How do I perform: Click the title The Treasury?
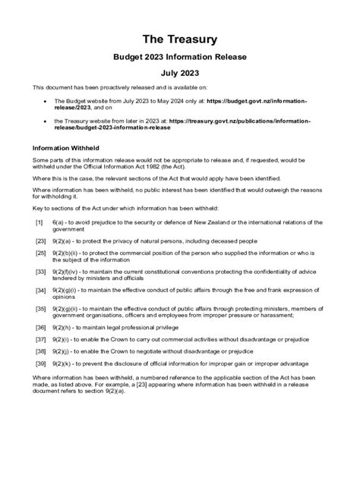(x=180, y=38)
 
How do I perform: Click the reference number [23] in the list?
(x=41, y=240)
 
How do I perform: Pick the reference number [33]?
(x=41, y=271)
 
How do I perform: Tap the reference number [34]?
(x=41, y=290)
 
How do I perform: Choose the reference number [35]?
(x=41, y=309)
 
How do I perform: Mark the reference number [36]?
(x=41, y=327)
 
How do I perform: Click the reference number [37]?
(x=41, y=339)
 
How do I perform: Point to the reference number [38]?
(x=41, y=352)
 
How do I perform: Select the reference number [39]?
(x=41, y=364)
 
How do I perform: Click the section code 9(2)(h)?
(x=65, y=327)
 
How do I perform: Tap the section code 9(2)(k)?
(x=65, y=364)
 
